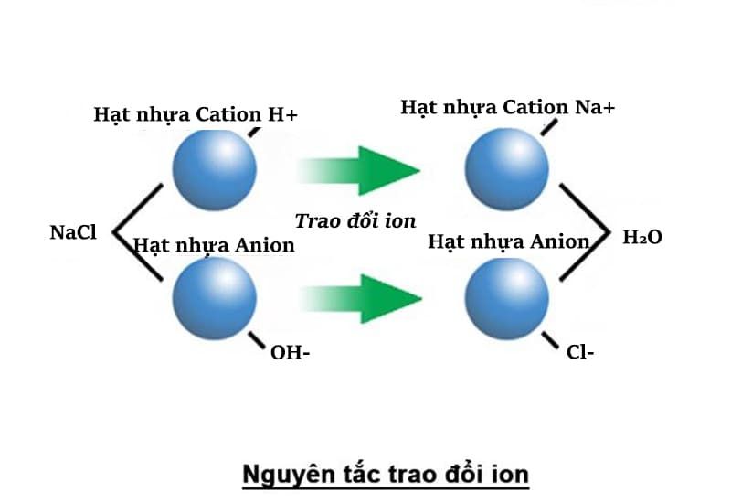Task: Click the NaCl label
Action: (73, 232)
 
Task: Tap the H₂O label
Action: (642, 237)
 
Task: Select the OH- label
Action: (290, 353)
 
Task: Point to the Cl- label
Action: (580, 352)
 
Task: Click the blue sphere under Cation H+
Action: (215, 169)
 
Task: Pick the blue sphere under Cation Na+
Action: (507, 169)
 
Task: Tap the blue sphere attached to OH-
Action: (215, 298)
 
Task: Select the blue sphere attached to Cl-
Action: (507, 298)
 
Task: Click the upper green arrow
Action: (358, 170)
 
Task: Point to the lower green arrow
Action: (360, 299)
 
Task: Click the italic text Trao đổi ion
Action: (355, 220)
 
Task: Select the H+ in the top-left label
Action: (282, 114)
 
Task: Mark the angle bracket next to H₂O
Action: (609, 232)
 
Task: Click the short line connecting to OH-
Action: (257, 340)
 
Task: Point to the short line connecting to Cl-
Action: (550, 340)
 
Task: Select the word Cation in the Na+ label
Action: (535, 107)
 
